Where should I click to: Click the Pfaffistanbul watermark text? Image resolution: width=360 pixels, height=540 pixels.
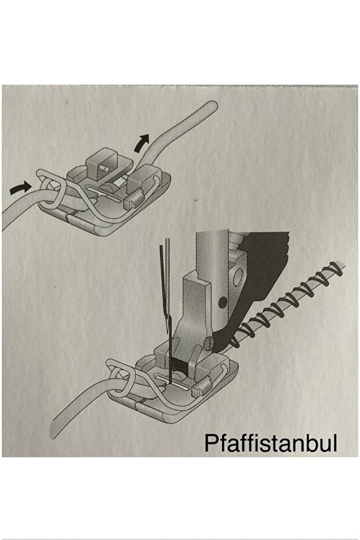coord(271,443)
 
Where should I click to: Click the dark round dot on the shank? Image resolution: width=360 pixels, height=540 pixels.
coord(223,302)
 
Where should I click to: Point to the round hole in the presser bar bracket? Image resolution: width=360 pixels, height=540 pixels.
coord(238,277)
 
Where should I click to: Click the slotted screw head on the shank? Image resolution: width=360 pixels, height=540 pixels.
coord(209,343)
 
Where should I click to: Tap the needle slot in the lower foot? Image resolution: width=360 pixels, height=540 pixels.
coord(170,382)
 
